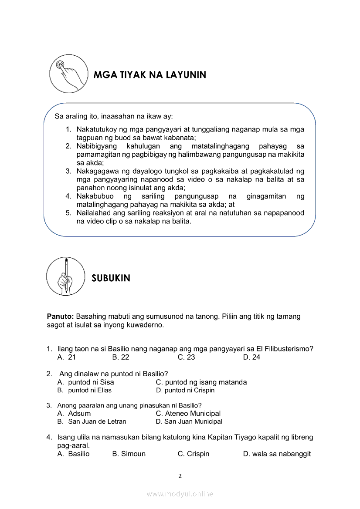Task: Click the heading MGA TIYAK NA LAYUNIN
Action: pyautogui.click(x=149, y=75)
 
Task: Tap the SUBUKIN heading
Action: pyautogui.click(x=111, y=278)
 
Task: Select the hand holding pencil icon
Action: pyautogui.click(x=65, y=276)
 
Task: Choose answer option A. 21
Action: pyautogui.click(x=67, y=357)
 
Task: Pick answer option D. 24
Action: pyautogui.click(x=251, y=357)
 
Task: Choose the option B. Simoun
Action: pyautogui.click(x=129, y=454)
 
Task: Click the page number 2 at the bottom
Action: pyautogui.click(x=180, y=476)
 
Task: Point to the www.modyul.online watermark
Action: pyautogui.click(x=180, y=494)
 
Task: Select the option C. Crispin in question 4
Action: pyautogui.click(x=193, y=454)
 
